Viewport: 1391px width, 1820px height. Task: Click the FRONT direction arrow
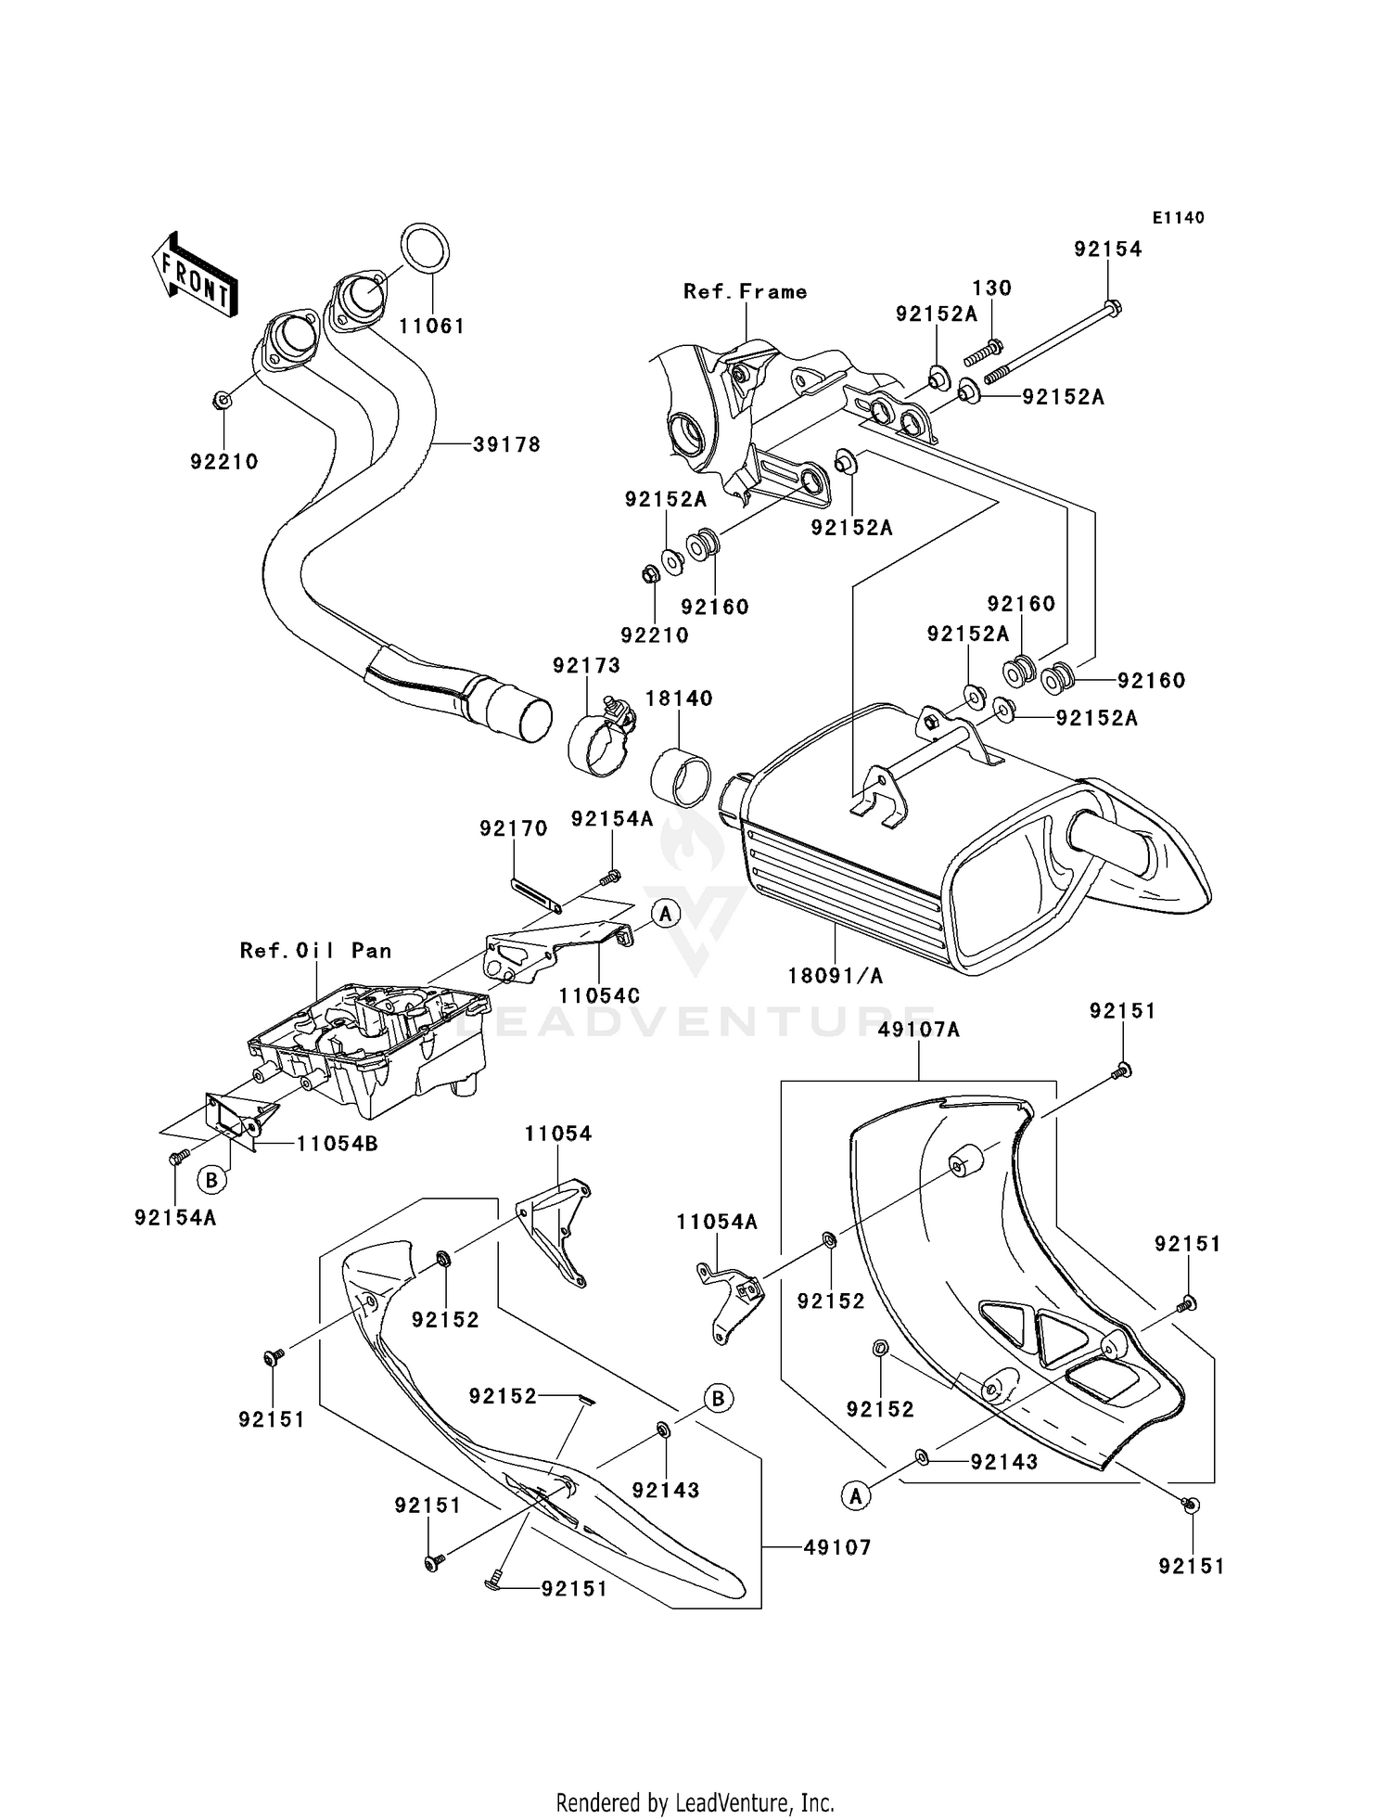195,276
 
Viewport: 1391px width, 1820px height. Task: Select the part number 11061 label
431,327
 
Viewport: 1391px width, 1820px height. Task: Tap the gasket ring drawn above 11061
427,249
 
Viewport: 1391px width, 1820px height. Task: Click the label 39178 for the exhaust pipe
506,444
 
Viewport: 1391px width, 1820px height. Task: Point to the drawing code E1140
1178,218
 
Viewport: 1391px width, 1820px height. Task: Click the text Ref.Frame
745,291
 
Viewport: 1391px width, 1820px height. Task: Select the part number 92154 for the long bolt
1108,249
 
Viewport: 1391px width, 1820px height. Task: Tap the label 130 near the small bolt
991,288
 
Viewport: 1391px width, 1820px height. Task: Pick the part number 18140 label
679,698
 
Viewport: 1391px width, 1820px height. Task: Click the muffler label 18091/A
835,975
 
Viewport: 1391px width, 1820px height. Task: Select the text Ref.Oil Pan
315,951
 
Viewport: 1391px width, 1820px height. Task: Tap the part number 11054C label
599,995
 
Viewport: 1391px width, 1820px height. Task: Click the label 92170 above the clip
514,828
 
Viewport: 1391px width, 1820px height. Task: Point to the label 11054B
337,1144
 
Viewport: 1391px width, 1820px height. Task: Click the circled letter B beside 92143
718,1398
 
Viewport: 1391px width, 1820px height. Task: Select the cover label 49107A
919,1030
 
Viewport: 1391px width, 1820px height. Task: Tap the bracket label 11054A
717,1223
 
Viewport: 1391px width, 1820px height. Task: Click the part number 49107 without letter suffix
837,1547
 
